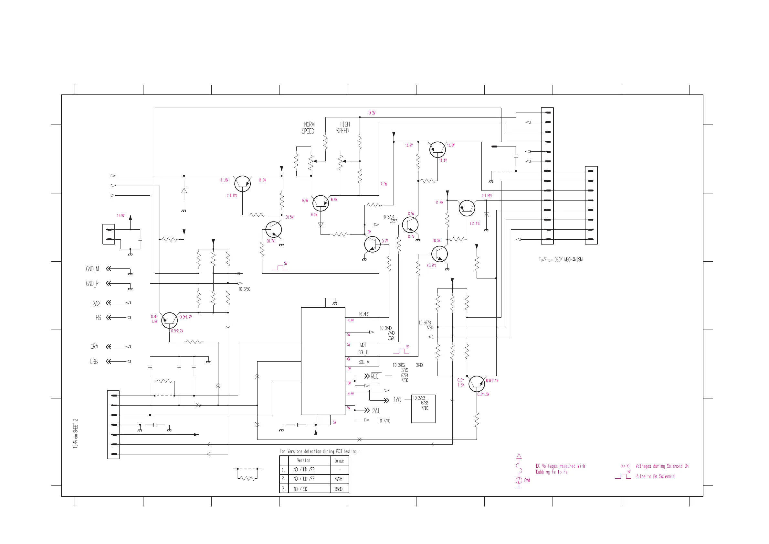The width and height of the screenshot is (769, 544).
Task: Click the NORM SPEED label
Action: (308, 128)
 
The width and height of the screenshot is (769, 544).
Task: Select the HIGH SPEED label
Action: (342, 127)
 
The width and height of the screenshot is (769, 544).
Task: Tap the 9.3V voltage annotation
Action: (372, 113)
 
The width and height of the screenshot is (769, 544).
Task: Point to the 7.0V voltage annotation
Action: (384, 184)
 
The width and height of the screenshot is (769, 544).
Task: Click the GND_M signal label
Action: (92, 269)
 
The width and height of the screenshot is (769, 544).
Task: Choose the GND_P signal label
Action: (92, 284)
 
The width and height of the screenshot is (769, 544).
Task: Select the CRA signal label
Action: (94, 347)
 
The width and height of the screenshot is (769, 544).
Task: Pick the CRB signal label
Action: (94, 361)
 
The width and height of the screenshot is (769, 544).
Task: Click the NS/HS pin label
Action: (364, 314)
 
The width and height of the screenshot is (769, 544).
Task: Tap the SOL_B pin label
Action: (363, 352)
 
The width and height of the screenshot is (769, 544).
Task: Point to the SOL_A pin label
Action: (364, 362)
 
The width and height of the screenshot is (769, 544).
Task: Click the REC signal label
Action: (374, 376)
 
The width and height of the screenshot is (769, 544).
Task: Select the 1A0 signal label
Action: (397, 400)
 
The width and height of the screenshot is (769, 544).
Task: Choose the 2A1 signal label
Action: (375, 411)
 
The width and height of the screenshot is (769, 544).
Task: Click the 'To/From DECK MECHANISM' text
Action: (561, 259)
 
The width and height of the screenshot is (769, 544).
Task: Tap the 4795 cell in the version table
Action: (339, 479)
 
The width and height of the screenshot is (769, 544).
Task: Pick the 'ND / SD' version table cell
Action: (300, 489)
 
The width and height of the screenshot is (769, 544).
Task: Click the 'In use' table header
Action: (339, 461)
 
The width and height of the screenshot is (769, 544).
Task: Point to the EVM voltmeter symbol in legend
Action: (519, 480)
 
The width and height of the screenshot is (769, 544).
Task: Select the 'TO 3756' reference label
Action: (244, 289)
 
